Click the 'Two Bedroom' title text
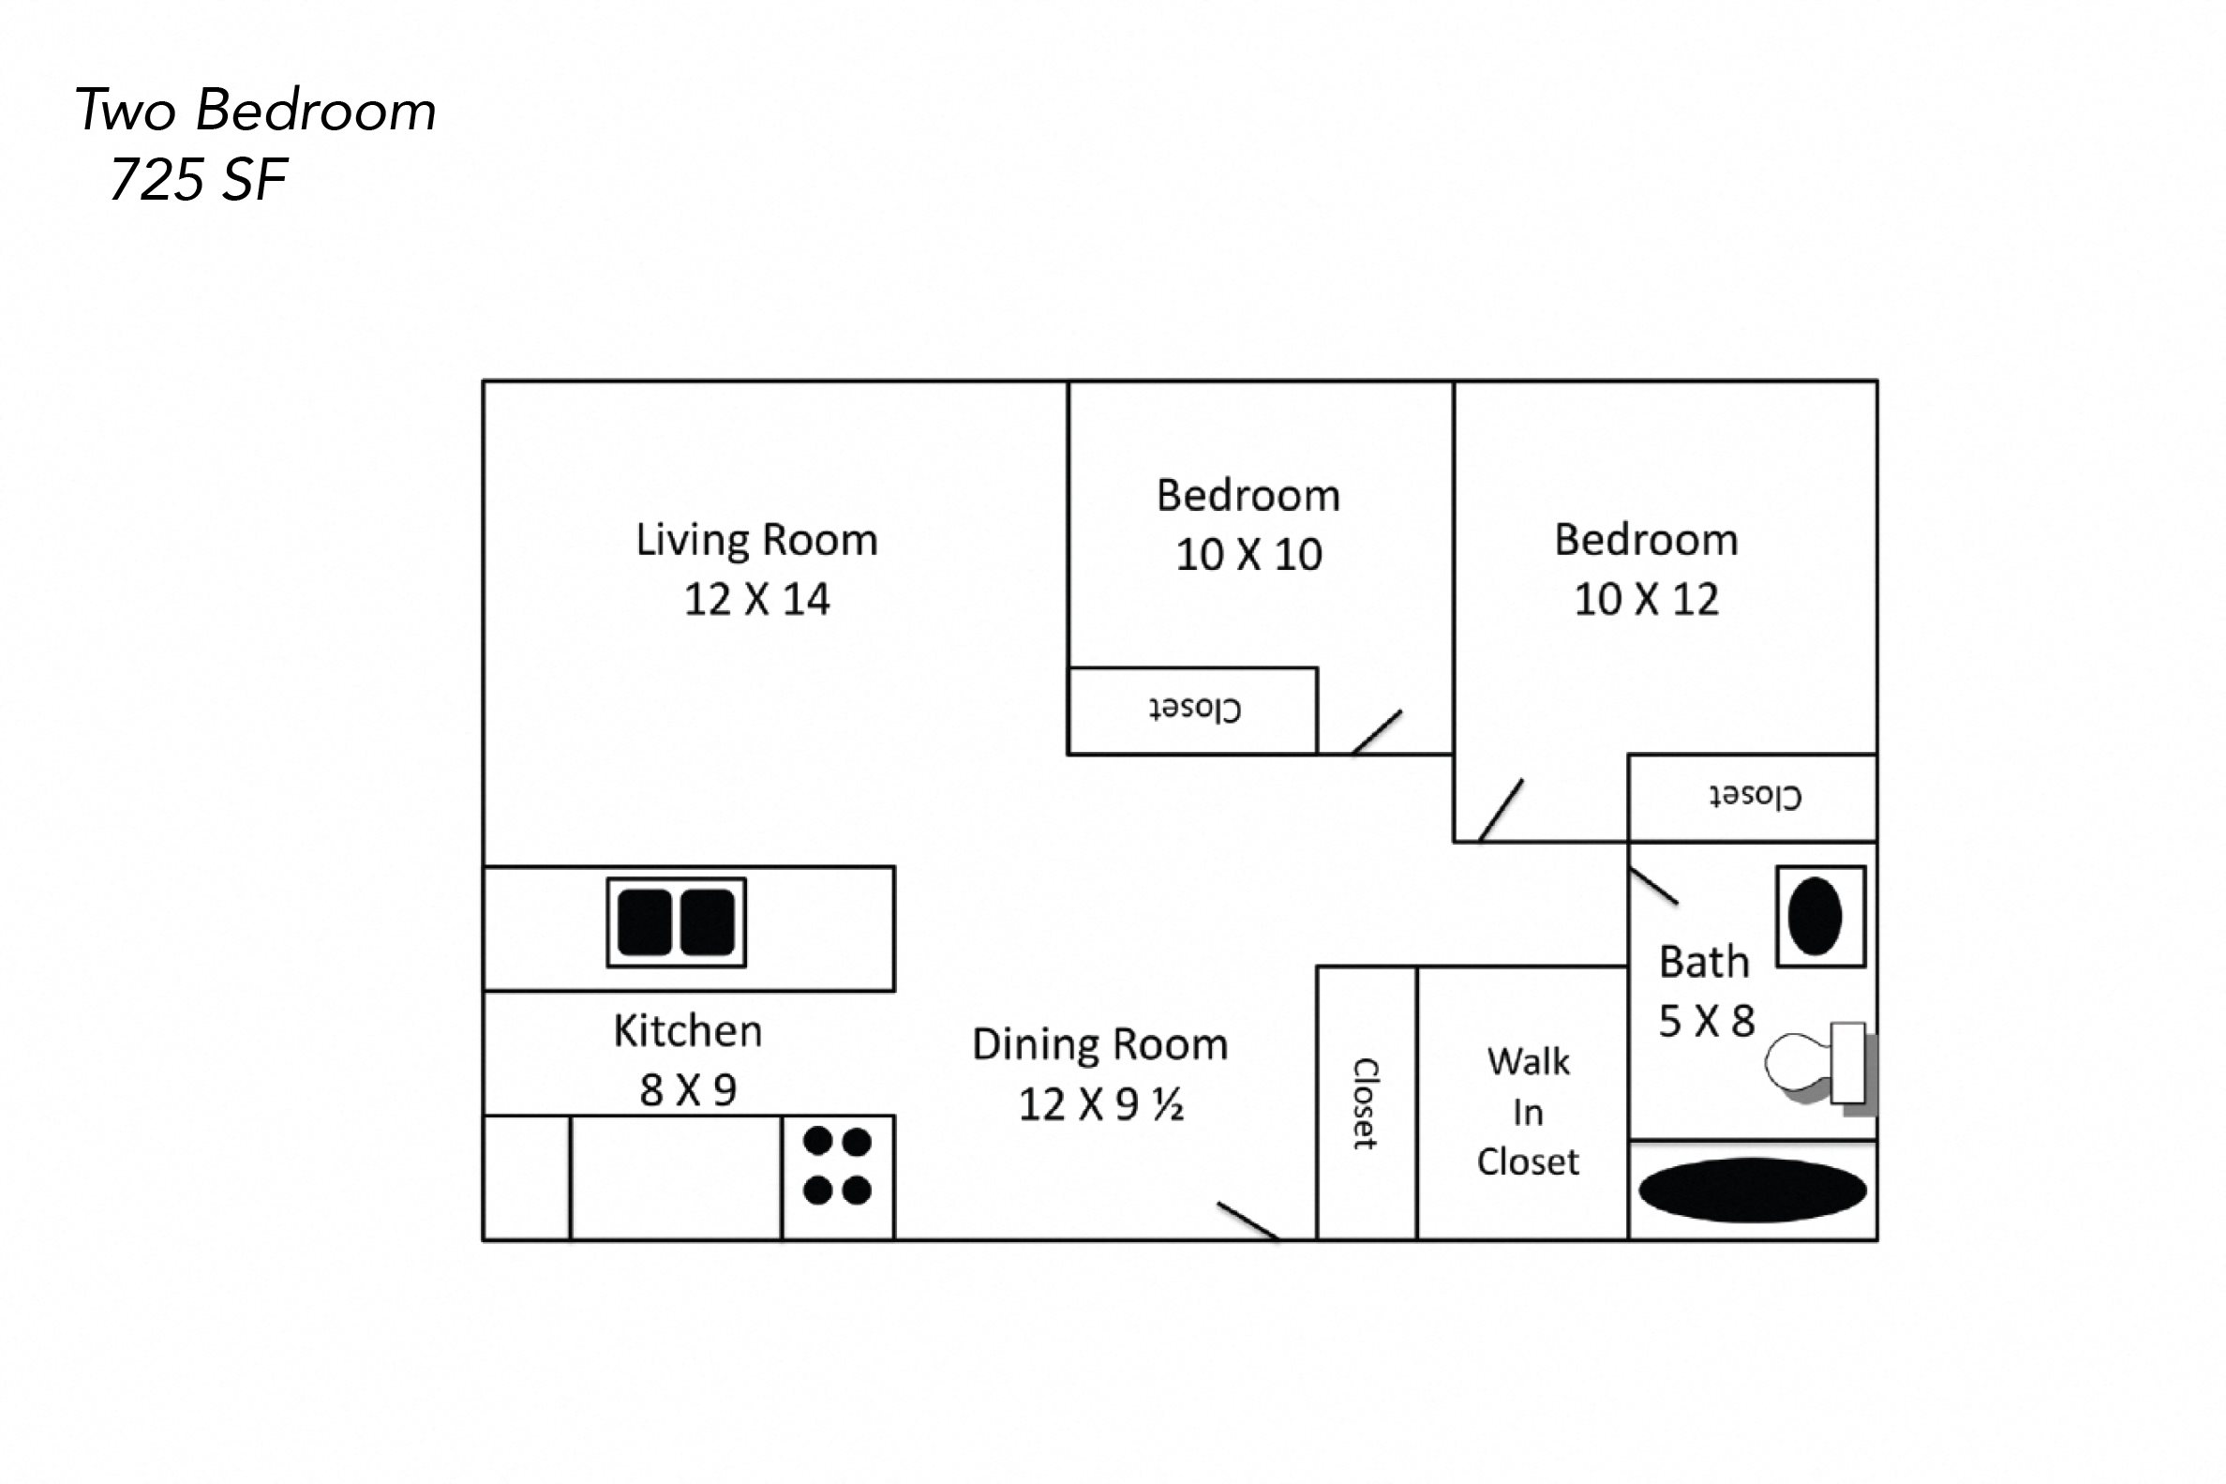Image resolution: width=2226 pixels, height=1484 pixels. (x=256, y=110)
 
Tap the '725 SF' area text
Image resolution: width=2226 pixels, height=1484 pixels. (x=199, y=179)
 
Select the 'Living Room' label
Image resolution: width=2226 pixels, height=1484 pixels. (x=755, y=539)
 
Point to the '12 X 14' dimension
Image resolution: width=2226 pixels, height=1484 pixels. (x=755, y=599)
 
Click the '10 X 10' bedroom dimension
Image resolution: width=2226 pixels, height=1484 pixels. (x=1247, y=555)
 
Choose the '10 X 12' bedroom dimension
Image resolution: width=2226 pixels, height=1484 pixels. (x=1645, y=599)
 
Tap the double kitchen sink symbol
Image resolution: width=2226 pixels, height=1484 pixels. (x=676, y=922)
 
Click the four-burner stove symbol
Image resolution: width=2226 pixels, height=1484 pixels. (x=837, y=1166)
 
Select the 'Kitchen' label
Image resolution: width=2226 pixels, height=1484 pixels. (x=687, y=1030)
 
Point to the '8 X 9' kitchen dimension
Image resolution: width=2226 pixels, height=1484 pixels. (x=687, y=1090)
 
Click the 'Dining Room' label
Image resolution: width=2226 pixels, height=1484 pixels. (x=1099, y=1045)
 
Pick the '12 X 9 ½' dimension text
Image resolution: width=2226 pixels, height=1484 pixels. (x=1099, y=1104)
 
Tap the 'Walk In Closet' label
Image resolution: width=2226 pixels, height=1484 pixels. (x=1527, y=1111)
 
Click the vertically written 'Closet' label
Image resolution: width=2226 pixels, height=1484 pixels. (x=1365, y=1102)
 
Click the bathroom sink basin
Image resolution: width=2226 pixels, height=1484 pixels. (x=1815, y=916)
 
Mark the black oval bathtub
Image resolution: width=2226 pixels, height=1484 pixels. (x=1752, y=1190)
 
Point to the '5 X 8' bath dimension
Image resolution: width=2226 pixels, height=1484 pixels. (x=1706, y=1021)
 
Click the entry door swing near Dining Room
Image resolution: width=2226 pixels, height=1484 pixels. (x=1247, y=1220)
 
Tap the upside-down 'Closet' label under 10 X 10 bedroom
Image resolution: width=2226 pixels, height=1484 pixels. (x=1194, y=709)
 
